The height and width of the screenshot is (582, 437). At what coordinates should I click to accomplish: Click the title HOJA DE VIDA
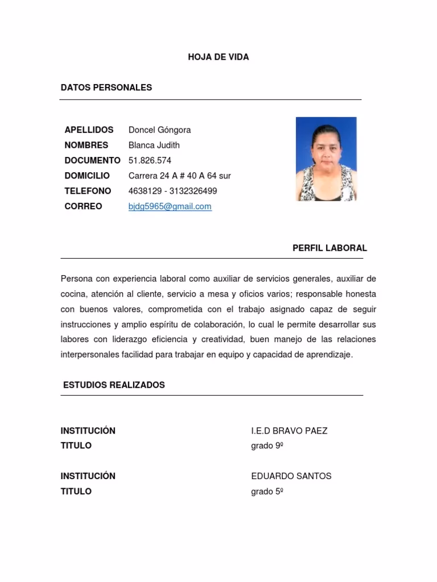[218, 57]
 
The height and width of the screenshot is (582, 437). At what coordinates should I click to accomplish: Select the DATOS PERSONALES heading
[106, 88]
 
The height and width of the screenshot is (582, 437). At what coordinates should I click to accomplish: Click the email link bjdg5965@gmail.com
[170, 206]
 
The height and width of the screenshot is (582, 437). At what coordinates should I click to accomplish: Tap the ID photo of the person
[326, 159]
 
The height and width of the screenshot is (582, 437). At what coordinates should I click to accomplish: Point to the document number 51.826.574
[150, 160]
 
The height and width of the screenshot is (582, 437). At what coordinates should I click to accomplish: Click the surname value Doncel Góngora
[159, 130]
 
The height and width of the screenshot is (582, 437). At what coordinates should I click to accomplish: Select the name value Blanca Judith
[154, 145]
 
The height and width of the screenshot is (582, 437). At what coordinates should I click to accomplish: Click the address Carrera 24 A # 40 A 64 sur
[179, 176]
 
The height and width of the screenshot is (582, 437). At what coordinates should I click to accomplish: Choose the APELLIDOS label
[89, 130]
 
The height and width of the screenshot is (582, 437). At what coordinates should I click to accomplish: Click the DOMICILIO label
[87, 176]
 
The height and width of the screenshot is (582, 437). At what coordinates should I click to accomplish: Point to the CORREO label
[83, 206]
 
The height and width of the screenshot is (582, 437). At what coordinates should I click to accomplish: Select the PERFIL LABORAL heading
[329, 248]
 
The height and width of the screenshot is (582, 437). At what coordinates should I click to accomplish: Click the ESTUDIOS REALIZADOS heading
[114, 385]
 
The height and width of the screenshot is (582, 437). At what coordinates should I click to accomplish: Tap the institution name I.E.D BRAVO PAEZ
[289, 431]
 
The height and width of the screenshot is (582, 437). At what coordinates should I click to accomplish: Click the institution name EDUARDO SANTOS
[291, 476]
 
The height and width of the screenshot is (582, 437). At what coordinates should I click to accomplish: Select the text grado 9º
[267, 446]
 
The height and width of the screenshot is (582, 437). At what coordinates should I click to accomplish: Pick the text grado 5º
[267, 491]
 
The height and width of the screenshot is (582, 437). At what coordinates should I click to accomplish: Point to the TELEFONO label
[88, 191]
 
